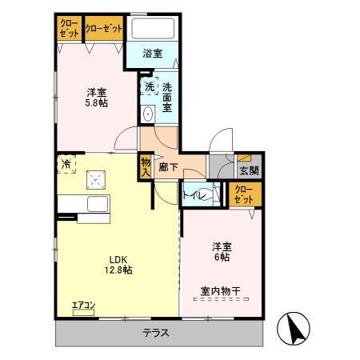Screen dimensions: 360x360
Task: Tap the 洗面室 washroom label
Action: pyautogui.click(x=167, y=95)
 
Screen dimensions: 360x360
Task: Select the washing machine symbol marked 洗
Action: pyautogui.click(x=149, y=87)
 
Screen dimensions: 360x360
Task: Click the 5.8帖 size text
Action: pyautogui.click(x=97, y=103)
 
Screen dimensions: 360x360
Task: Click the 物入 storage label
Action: pyautogui.click(x=146, y=166)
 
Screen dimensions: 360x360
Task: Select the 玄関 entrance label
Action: pyautogui.click(x=248, y=170)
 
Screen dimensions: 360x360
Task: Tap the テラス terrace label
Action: pyautogui.click(x=156, y=333)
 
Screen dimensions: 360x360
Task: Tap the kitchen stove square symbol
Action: pyautogui.click(x=98, y=180)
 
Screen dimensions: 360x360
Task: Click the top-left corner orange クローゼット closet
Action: pyautogui.click(x=69, y=29)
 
